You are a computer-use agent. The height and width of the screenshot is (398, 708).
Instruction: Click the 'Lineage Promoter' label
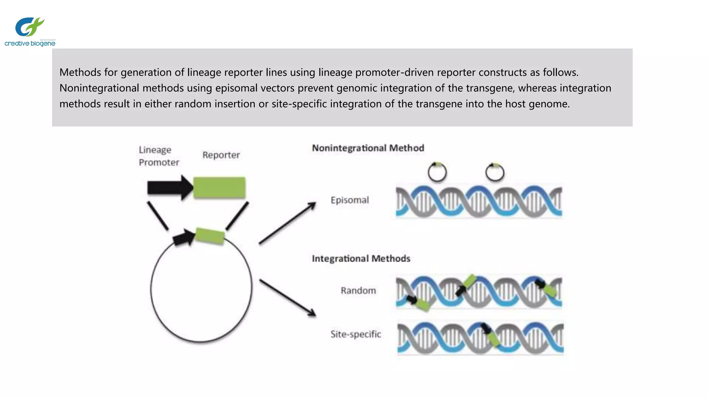[x=159, y=156]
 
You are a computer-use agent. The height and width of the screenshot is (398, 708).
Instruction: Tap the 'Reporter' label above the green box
[x=221, y=155]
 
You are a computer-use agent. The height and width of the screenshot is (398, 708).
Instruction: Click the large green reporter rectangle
[x=219, y=188]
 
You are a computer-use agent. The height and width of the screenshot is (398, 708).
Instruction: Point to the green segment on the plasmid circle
[x=210, y=236]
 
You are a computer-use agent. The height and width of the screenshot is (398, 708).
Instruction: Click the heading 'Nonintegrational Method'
[x=368, y=148]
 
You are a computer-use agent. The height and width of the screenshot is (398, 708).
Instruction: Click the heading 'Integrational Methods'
[x=361, y=259]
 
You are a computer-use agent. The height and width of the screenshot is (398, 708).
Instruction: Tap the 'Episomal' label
[x=350, y=200]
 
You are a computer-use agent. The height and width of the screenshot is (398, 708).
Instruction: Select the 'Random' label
[x=358, y=291]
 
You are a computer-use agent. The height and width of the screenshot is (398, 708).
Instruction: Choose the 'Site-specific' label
[x=355, y=334]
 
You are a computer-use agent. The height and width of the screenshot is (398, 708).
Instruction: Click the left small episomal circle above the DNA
[x=437, y=172]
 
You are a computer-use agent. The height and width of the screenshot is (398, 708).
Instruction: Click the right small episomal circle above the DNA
[x=495, y=172]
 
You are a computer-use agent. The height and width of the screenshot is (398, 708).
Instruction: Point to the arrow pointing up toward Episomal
[x=287, y=223]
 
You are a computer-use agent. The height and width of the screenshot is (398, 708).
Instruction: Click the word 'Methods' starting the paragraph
[x=80, y=72]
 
